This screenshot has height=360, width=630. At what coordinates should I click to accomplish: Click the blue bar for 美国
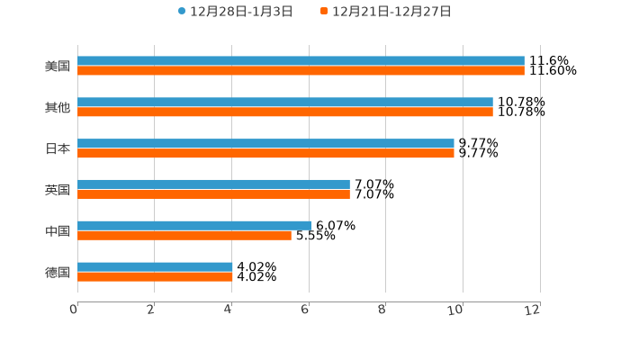coord(301,61)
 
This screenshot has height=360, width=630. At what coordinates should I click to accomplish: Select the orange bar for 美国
coord(301,70)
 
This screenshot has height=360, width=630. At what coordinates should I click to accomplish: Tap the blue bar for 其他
coord(285,103)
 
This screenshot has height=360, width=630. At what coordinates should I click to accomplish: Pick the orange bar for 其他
coord(285,112)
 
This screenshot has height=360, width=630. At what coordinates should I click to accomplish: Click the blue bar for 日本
coord(265,144)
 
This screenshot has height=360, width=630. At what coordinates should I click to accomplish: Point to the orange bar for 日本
coord(265,154)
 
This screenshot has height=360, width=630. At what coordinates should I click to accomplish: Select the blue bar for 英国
coord(213,184)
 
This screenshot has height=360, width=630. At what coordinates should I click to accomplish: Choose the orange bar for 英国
coord(213,194)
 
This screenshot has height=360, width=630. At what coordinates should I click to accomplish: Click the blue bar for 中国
coord(194,226)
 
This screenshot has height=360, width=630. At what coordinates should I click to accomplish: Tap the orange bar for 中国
coord(184,236)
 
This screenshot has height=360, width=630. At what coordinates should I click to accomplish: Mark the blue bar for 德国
coord(155,267)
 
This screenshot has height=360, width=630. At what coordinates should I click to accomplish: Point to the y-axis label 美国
coord(58,66)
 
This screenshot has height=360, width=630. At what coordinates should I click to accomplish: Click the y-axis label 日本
coord(58,148)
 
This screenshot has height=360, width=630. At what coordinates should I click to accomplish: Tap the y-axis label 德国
coord(58,272)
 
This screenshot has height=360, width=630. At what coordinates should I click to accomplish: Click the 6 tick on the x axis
coord(306,310)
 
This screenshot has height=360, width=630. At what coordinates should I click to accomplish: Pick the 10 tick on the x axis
coord(458,310)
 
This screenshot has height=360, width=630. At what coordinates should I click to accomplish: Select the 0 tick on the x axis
coord(75,310)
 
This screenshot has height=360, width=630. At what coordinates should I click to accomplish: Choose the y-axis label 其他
coord(58,107)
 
